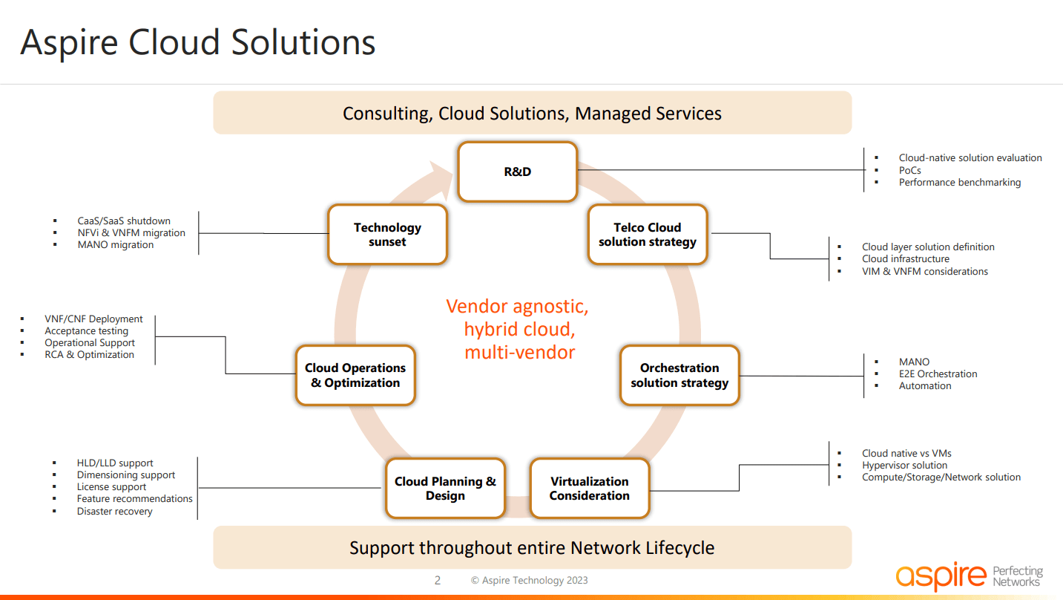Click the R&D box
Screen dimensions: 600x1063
coord(517,172)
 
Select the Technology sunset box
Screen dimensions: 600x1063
coord(387,235)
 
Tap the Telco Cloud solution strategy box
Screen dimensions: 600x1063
coord(648,235)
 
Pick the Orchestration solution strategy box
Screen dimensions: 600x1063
coord(679,375)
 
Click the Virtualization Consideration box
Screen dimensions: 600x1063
coord(589,489)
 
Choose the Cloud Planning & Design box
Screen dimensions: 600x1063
coord(445,489)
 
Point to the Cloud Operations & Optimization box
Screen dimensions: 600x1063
coord(355,375)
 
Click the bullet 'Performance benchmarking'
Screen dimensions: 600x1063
coord(959,183)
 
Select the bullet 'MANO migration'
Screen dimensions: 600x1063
coord(116,245)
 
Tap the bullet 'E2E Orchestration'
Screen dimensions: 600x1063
coord(938,374)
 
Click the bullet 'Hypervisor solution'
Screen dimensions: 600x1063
coord(904,466)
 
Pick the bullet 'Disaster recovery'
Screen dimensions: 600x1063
coord(114,512)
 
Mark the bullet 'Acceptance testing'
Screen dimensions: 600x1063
coord(86,331)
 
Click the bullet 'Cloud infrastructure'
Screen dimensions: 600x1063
coord(905,259)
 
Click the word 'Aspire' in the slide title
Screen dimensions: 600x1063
coord(70,42)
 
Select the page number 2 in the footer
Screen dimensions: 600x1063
coord(437,581)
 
